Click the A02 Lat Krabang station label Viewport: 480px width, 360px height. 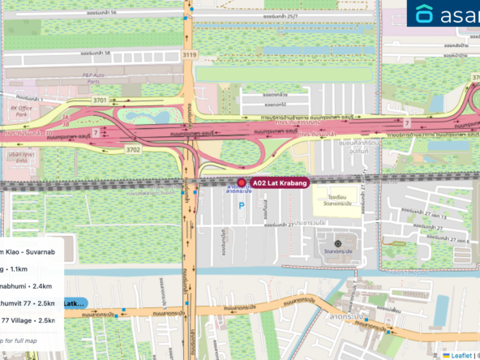(x=280, y=184)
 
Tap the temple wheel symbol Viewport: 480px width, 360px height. (x=338, y=243)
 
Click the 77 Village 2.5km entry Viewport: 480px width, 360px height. (x=28, y=321)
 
